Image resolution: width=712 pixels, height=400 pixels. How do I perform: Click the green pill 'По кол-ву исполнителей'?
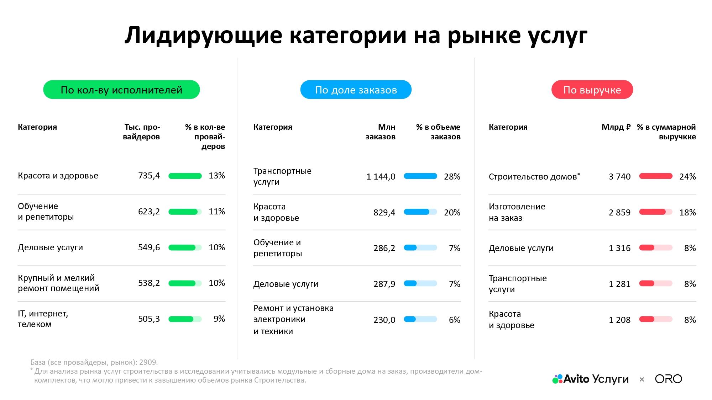121,90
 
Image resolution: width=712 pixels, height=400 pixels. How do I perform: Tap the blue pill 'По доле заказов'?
356,90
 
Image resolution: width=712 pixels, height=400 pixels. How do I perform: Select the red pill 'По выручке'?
592,90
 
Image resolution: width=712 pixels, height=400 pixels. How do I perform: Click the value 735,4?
149,176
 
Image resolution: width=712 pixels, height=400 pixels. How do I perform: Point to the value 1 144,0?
381,177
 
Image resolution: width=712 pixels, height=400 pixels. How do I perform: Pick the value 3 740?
619,177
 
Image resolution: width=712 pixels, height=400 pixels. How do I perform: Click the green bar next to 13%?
185,176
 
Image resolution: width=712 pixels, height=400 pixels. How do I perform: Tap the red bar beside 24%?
656,176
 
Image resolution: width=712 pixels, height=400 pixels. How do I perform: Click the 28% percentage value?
452,177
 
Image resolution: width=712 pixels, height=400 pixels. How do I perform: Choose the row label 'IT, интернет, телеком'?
43,319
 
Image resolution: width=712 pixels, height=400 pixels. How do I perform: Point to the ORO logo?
668,379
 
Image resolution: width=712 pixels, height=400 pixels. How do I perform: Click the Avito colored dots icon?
557,379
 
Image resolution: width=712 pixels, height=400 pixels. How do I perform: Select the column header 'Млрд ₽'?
616,127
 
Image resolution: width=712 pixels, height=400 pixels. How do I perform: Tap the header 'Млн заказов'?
380,132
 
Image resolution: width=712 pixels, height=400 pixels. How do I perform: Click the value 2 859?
619,213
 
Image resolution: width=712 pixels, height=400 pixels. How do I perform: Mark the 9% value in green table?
219,319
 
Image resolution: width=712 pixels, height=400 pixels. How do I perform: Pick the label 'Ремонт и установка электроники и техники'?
293,319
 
